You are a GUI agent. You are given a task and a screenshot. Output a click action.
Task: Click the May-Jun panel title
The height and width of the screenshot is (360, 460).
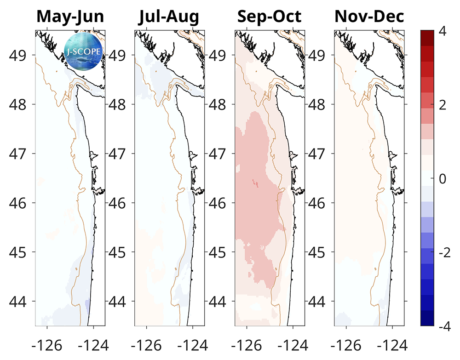click(x=70, y=17)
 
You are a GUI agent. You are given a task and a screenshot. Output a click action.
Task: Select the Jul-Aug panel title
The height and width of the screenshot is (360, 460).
click(x=169, y=17)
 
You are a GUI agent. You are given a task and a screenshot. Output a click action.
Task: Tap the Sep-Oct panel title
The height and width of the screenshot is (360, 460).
click(x=269, y=17)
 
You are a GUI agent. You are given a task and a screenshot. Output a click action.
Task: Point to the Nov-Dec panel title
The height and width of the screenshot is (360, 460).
click(x=369, y=17)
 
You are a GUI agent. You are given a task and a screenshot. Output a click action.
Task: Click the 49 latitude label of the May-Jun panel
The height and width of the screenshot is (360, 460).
click(x=20, y=55)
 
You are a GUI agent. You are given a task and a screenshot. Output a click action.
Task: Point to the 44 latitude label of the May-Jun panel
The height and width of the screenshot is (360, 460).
click(x=20, y=302)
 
